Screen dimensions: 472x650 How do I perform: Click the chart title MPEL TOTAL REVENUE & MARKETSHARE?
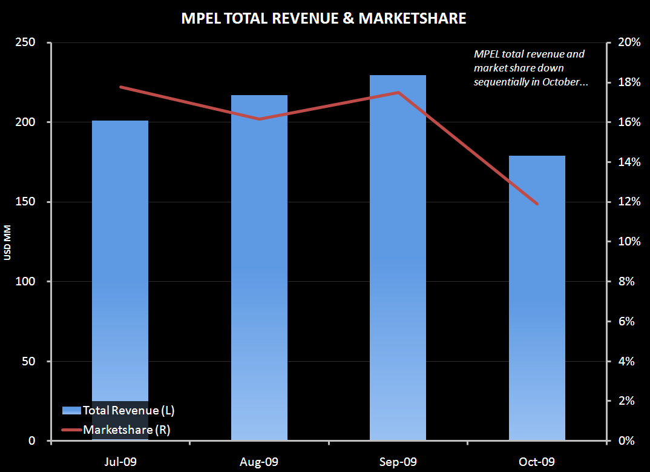pyautogui.click(x=324, y=19)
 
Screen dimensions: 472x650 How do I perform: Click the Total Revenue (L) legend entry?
pyautogui.click(x=119, y=410)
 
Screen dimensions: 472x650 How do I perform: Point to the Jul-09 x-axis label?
pyautogui.click(x=120, y=462)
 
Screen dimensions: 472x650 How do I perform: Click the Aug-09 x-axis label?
pyautogui.click(x=259, y=462)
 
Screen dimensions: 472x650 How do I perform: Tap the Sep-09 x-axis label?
pyautogui.click(x=398, y=462)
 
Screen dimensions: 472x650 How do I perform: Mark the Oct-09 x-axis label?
pyautogui.click(x=537, y=462)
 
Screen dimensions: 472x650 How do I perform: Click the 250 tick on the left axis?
pyautogui.click(x=25, y=42)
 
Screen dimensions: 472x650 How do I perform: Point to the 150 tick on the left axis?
pyautogui.click(x=25, y=202)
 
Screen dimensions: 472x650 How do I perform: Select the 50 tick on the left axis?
pyautogui.click(x=28, y=361)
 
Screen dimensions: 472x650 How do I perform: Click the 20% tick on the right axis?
pyautogui.click(x=629, y=42)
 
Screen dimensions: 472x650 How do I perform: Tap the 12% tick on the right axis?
pyautogui.click(x=629, y=202)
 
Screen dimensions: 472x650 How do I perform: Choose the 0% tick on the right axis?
pyautogui.click(x=626, y=440)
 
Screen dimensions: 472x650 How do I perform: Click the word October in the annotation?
pyautogui.click(x=556, y=81)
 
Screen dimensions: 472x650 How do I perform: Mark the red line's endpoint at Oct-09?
pyautogui.click(x=537, y=204)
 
